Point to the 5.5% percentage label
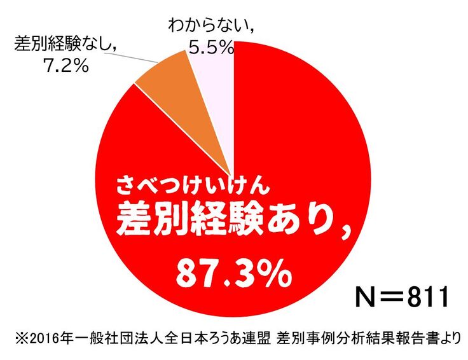tap(209, 46)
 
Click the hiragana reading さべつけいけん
tap(194, 186)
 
